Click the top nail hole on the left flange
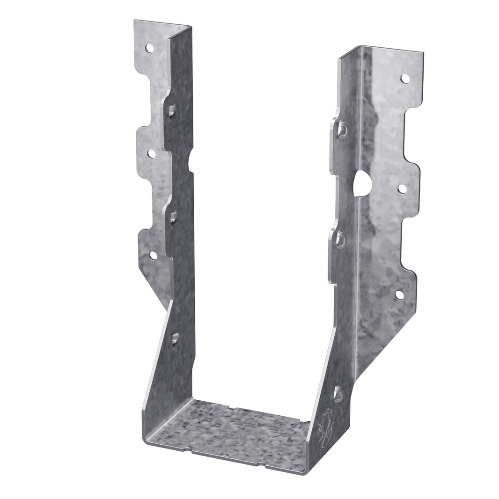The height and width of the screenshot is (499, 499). [x=149, y=48]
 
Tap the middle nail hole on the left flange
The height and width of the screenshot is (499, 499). [x=151, y=154]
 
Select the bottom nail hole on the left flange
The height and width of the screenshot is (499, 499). [x=153, y=255]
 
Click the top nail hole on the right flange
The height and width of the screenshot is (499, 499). [x=405, y=78]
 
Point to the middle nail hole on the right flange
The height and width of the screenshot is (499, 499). [x=402, y=189]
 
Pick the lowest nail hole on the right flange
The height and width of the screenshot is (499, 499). [x=399, y=295]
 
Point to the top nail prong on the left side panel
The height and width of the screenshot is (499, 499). [x=171, y=111]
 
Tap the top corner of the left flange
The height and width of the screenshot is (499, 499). [x=135, y=21]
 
